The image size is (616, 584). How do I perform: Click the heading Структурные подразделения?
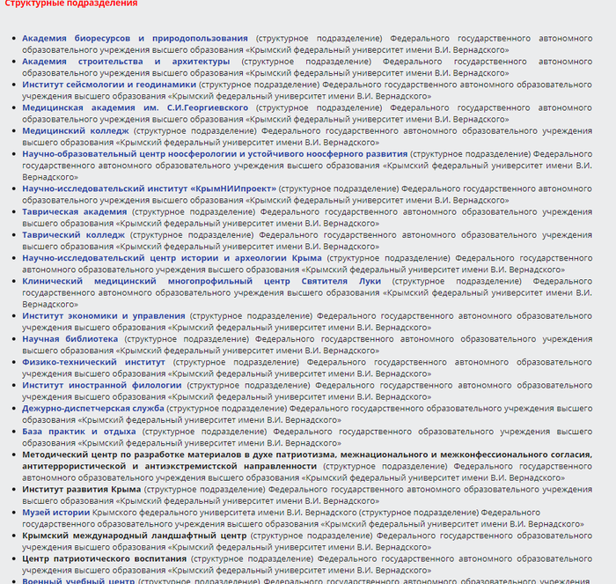tap(70, 4)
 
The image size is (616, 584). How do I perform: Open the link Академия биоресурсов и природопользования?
tap(135, 39)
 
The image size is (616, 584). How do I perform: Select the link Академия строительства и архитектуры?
tap(126, 62)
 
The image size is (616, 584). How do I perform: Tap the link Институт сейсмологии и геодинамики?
tap(108, 85)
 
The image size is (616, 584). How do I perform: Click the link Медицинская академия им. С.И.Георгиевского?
tap(135, 108)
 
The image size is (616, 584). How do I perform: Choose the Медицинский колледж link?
tap(76, 131)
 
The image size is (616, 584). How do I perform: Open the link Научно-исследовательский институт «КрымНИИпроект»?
tap(149, 189)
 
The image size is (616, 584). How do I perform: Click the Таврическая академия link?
tap(74, 211)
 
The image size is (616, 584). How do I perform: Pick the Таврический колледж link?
tap(73, 235)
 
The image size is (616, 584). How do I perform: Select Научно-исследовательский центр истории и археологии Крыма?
tap(172, 258)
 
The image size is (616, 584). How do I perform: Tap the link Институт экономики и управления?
tap(104, 315)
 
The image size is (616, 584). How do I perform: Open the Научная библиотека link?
tap(70, 338)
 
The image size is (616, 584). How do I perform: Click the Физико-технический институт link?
tap(93, 362)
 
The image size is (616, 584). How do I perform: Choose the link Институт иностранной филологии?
tap(101, 385)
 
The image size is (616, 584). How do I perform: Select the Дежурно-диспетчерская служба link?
tap(92, 408)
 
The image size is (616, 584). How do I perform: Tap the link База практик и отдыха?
tap(78, 432)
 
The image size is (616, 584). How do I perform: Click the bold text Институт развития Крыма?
tap(81, 489)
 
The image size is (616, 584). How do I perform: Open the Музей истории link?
tap(55, 512)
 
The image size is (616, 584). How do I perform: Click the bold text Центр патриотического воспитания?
tap(104, 558)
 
